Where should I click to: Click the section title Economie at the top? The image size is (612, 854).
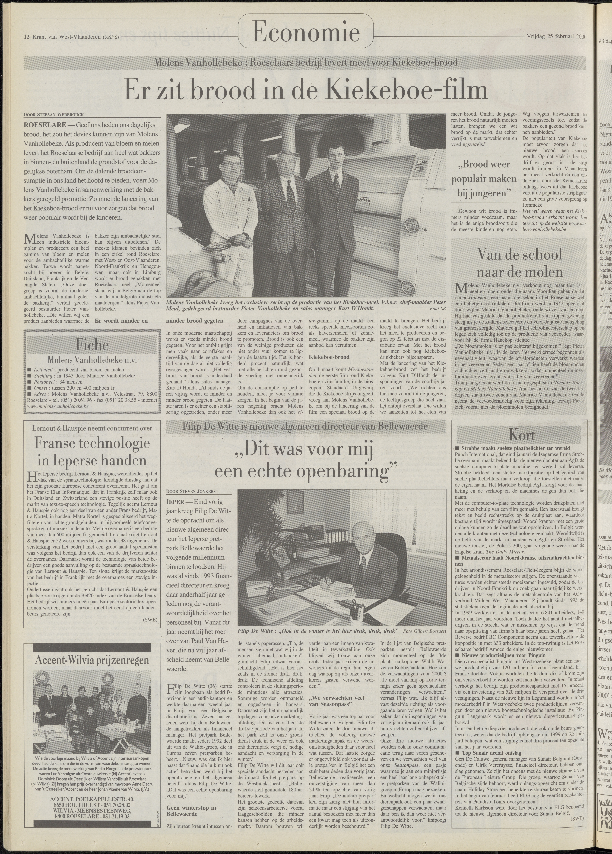pos(306,32)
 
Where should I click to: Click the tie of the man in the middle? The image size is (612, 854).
pos(290,196)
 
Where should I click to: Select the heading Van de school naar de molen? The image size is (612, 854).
pos(519,263)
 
